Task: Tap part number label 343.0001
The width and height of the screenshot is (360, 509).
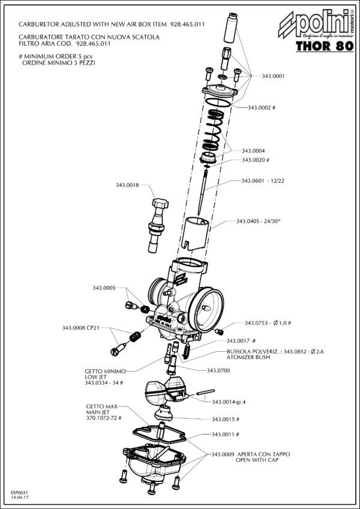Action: click(x=273, y=76)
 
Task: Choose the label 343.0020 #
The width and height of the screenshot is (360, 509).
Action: click(x=256, y=160)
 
